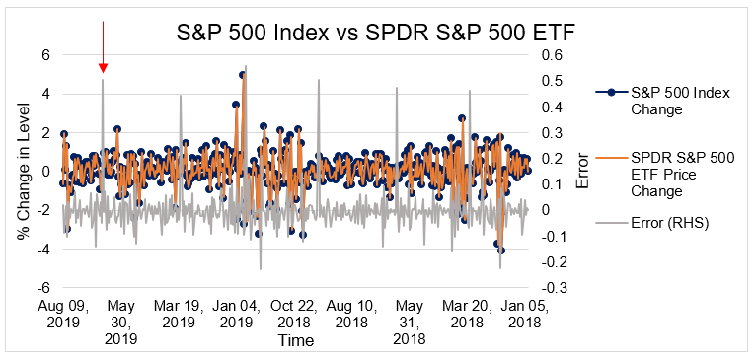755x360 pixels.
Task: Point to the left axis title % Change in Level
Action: click(23, 173)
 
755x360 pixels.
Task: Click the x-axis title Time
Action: click(295, 341)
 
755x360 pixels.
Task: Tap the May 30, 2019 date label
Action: click(121, 322)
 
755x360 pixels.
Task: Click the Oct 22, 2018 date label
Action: click(294, 314)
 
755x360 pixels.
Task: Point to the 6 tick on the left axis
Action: click(44, 55)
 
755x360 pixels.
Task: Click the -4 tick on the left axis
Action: click(42, 249)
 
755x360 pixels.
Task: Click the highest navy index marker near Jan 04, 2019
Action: click(243, 75)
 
